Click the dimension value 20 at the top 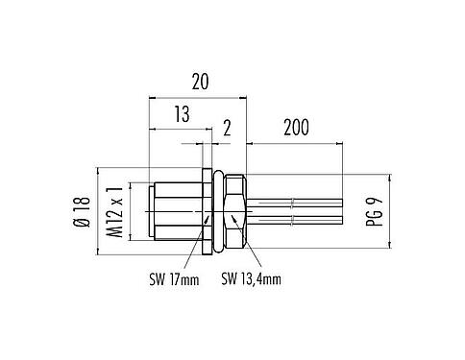tap(200, 82)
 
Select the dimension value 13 tap(182, 114)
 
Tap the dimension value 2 tap(227, 129)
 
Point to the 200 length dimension tap(296, 128)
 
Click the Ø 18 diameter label tap(82, 211)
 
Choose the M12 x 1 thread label tap(114, 212)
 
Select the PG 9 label tap(374, 212)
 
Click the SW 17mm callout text tap(174, 279)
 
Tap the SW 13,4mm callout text tap(252, 278)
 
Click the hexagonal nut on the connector tap(235, 211)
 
